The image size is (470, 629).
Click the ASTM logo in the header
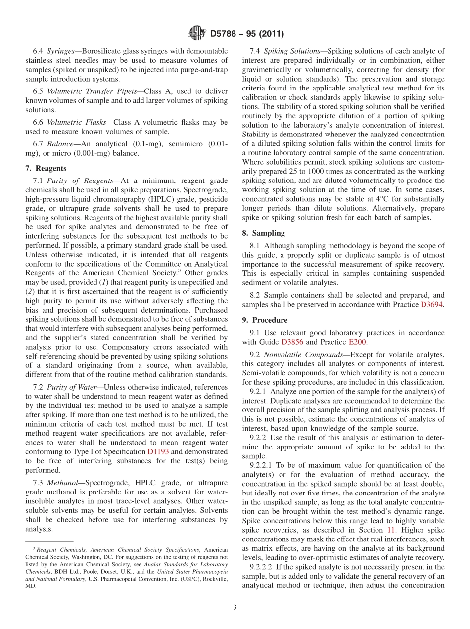coord(196,34)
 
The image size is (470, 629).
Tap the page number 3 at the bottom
coord(235,607)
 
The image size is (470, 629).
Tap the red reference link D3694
coord(432,305)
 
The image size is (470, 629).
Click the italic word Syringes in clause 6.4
coord(62,51)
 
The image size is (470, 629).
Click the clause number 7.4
coord(255,51)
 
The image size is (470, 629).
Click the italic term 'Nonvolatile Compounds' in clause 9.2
coord(296,354)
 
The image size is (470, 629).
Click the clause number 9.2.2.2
coord(263,567)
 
